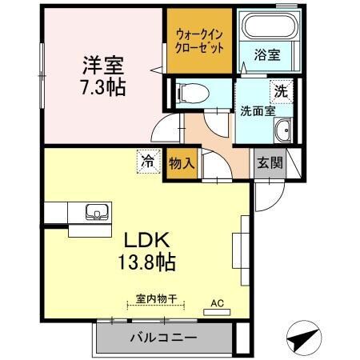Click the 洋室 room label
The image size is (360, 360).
102,63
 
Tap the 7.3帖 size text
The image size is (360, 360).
102,87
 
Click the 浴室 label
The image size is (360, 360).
266,55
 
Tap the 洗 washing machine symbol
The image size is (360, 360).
281,91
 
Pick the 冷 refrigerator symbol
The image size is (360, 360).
148,160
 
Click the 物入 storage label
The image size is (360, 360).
182,162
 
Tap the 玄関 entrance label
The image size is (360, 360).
269,162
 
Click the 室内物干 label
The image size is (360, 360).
155,298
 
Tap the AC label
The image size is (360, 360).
217,303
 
